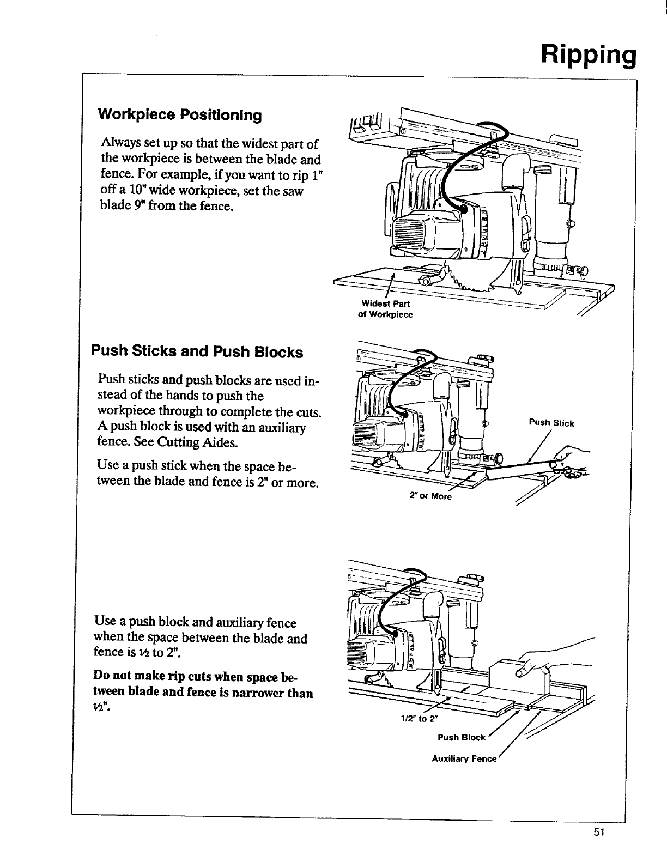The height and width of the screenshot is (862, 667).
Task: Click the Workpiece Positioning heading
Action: click(179, 116)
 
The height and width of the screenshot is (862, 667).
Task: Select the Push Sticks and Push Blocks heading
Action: click(197, 352)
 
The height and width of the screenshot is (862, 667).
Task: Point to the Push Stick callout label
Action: click(551, 423)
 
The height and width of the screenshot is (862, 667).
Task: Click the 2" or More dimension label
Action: click(430, 496)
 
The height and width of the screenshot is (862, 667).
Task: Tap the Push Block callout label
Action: click(461, 738)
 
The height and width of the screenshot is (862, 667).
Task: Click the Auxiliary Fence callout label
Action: click(464, 758)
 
